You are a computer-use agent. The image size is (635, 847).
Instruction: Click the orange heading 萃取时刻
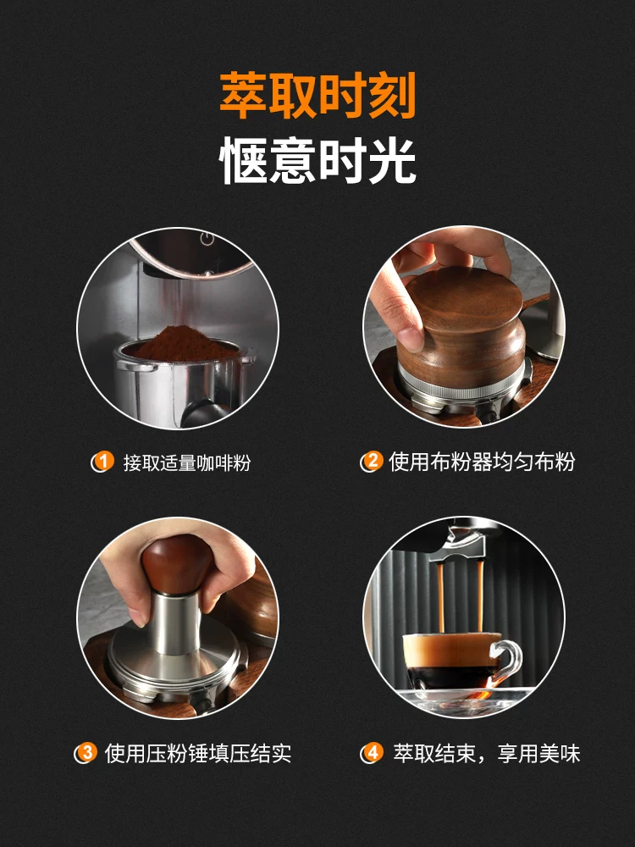[x=317, y=95]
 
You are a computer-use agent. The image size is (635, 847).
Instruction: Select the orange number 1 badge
[x=103, y=462]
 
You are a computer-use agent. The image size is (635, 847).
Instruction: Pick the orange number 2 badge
[x=373, y=462]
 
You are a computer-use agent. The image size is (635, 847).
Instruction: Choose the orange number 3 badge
[x=86, y=752]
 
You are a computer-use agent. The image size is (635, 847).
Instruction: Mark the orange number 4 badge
[x=373, y=752]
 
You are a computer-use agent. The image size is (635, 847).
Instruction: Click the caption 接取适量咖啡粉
[x=187, y=462]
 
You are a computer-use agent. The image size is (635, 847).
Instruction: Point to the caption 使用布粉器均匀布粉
[x=482, y=462]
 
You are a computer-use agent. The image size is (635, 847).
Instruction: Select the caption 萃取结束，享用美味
[x=487, y=753]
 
